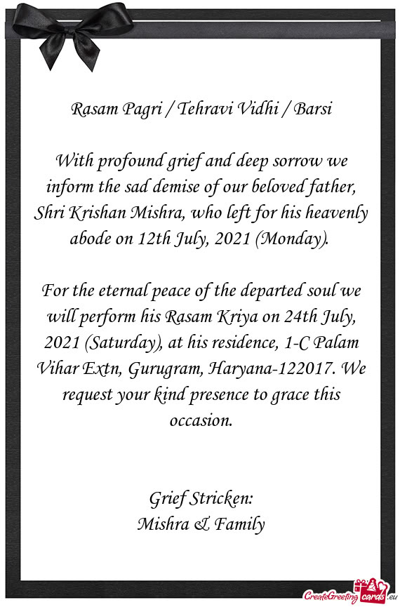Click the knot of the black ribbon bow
[70, 29]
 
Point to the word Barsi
[312, 110]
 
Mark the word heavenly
[332, 214]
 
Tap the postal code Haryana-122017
[283, 369]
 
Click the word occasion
[200, 420]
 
